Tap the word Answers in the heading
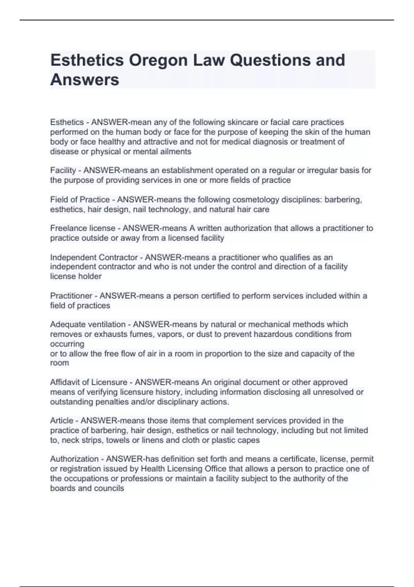[x=85, y=80]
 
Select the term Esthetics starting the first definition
[x=67, y=122]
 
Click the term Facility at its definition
[x=63, y=170]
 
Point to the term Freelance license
[x=83, y=228]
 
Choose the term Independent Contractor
[x=94, y=257]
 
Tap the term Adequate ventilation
[x=88, y=325]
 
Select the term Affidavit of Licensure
[x=89, y=382]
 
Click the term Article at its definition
[x=62, y=421]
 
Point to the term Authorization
[x=74, y=459]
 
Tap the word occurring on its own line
[x=67, y=344]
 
